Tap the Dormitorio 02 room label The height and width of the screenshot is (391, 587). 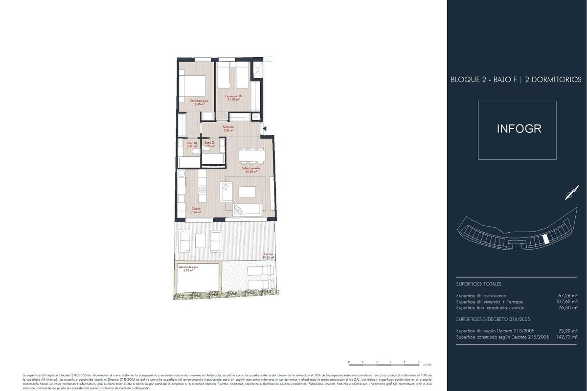pyautogui.click(x=234, y=98)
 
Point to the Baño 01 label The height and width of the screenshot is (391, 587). pyautogui.click(x=191, y=144)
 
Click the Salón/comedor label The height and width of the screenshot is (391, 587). pyautogui.click(x=250, y=170)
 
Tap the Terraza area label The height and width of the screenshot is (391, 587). pyautogui.click(x=267, y=256)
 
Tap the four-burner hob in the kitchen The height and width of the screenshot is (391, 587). pyautogui.click(x=202, y=190)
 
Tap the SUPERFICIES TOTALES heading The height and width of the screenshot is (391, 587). pyautogui.click(x=478, y=284)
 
